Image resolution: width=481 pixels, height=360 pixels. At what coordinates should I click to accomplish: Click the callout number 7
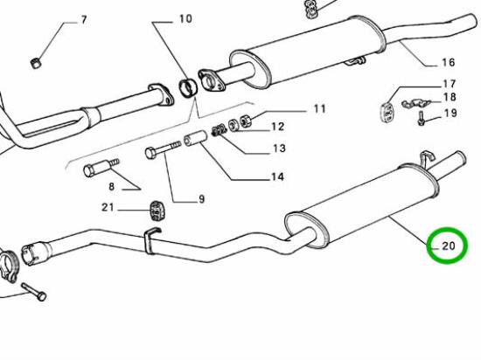click(84, 20)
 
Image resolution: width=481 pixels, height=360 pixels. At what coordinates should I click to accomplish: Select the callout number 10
click(185, 18)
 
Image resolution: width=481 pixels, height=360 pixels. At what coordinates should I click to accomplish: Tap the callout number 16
click(448, 62)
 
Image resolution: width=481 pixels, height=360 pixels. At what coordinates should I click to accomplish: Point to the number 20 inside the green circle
click(449, 246)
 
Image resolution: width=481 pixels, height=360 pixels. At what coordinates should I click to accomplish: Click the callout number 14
click(277, 177)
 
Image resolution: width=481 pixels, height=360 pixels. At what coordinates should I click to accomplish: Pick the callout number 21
click(108, 207)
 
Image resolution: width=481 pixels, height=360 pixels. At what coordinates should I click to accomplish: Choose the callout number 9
click(201, 199)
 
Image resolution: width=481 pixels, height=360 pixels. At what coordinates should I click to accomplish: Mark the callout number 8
click(111, 186)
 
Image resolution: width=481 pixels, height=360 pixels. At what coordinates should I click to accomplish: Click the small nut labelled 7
click(36, 63)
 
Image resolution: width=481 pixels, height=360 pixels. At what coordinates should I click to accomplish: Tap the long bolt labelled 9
click(163, 149)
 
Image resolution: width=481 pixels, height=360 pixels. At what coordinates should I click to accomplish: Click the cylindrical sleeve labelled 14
click(196, 138)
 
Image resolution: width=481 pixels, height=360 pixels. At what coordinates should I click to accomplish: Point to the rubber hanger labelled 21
click(157, 211)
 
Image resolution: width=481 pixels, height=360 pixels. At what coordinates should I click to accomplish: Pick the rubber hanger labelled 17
click(386, 112)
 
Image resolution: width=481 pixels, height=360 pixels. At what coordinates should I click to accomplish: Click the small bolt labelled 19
click(421, 119)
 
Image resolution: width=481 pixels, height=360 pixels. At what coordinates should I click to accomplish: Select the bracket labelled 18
click(416, 103)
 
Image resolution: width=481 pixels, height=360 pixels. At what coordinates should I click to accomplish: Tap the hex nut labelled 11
click(246, 121)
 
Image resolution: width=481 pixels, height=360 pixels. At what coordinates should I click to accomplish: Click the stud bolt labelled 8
click(101, 167)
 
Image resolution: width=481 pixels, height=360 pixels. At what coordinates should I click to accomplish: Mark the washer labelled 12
click(234, 125)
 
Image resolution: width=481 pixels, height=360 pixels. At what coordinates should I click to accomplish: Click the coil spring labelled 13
click(220, 130)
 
